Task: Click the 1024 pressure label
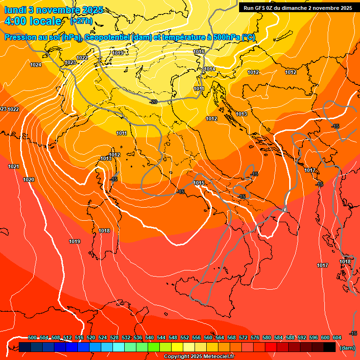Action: (x=35, y=65)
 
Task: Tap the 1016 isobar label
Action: (x=199, y=52)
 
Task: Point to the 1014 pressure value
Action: (x=210, y=69)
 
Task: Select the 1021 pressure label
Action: (x=14, y=167)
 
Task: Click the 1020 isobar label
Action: (x=28, y=180)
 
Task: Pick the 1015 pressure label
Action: (x=199, y=183)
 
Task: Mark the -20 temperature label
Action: (x=153, y=102)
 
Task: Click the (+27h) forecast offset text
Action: (x=81, y=21)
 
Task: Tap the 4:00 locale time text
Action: (x=32, y=21)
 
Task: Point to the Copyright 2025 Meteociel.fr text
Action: (x=199, y=356)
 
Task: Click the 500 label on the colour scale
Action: (x=32, y=337)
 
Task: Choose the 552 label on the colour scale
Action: (x=185, y=337)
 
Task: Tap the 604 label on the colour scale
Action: (x=337, y=337)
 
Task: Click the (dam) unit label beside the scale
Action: (x=347, y=348)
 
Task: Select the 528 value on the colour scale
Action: (x=114, y=337)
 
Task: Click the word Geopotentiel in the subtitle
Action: (x=108, y=37)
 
